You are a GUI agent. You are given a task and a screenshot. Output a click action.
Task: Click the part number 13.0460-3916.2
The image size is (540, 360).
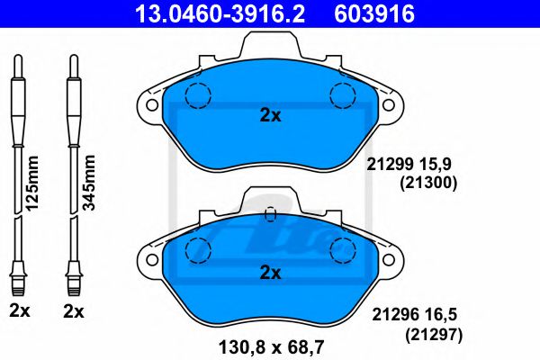(x=220, y=14)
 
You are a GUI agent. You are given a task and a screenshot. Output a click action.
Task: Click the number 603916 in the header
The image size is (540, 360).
(x=374, y=14)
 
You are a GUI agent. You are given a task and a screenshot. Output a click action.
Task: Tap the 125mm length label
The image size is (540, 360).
(x=32, y=183)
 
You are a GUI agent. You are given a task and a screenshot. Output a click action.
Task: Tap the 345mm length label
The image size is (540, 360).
(x=89, y=183)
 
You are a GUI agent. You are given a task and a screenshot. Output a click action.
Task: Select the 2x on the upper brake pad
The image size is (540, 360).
(x=270, y=116)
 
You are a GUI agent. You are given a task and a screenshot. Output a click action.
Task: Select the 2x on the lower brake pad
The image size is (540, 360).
(x=270, y=274)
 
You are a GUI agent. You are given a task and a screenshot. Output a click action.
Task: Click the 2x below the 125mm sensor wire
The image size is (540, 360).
(x=20, y=311)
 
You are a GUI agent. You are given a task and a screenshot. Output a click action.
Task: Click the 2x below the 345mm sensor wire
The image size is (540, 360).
(x=74, y=311)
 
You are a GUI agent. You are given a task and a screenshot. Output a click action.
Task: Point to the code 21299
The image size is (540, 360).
(x=390, y=165)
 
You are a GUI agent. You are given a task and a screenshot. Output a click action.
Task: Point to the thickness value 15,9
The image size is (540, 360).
(x=435, y=165)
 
